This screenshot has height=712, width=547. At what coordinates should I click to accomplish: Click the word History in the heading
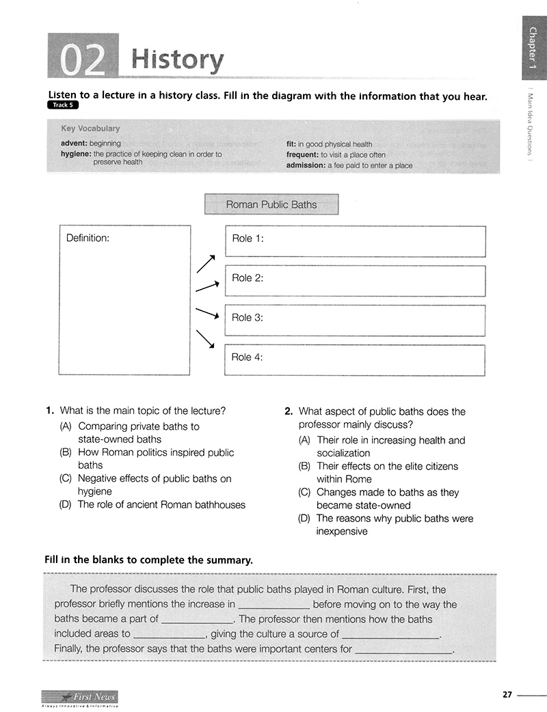tap(176, 60)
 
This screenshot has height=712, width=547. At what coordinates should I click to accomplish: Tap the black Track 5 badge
tap(63, 106)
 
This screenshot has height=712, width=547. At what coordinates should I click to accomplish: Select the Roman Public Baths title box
tap(271, 204)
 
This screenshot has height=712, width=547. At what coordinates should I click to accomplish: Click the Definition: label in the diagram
tap(88, 238)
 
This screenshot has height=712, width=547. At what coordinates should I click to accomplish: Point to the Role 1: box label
tap(248, 238)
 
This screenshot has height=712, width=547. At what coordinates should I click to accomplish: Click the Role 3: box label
tap(248, 318)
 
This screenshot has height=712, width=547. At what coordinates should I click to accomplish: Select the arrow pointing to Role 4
tap(206, 339)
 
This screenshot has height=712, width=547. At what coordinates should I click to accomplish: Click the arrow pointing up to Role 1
tap(206, 264)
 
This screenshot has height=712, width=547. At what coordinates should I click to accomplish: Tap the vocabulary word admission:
tap(306, 165)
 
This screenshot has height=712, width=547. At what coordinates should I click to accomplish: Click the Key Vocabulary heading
tap(90, 128)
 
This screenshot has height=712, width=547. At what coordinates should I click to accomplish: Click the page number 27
tap(507, 695)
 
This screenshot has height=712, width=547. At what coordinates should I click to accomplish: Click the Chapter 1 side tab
tap(533, 52)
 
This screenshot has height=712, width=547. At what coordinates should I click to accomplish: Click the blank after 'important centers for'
tap(405, 650)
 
